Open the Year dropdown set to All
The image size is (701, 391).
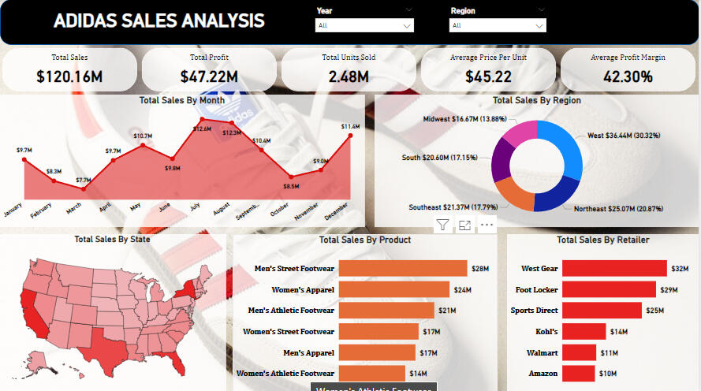click(x=364, y=26)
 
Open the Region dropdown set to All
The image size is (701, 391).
click(x=497, y=26)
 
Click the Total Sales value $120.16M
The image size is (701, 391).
click(x=69, y=76)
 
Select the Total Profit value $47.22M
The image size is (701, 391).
click(x=209, y=76)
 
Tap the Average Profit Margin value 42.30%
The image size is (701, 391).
click(x=628, y=76)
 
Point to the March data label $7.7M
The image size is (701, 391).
click(x=84, y=181)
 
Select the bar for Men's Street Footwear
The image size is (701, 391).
click(x=403, y=269)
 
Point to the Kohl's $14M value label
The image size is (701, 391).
click(x=618, y=331)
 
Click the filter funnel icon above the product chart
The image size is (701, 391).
click(x=442, y=225)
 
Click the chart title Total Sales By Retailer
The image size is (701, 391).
click(x=603, y=240)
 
